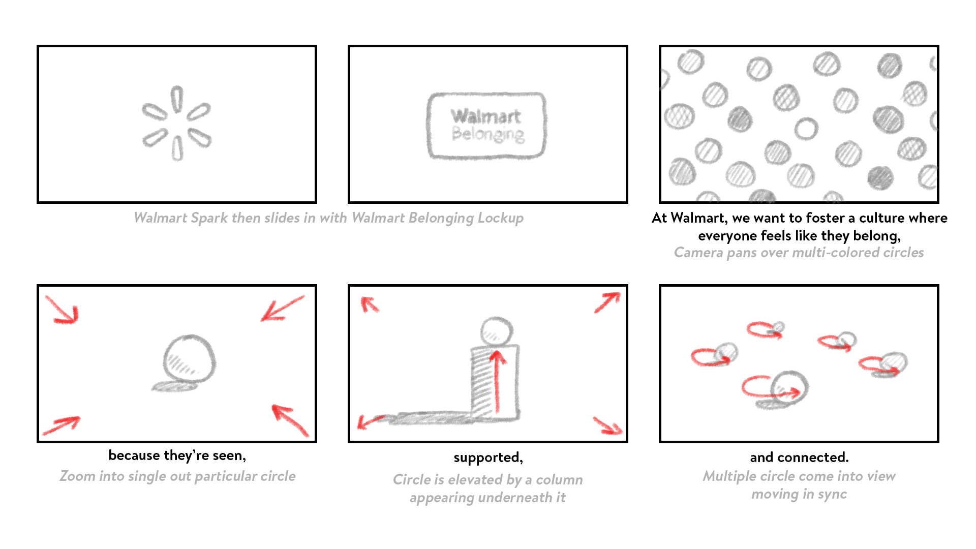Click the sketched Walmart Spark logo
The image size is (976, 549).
[x=177, y=124]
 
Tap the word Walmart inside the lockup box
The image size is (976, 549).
[x=485, y=116]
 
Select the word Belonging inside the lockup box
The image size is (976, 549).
[x=488, y=134]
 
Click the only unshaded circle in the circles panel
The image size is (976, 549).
[x=806, y=129]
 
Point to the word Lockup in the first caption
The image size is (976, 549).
[x=500, y=218]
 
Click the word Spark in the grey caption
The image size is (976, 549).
[x=209, y=218]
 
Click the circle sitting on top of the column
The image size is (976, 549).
[x=497, y=331]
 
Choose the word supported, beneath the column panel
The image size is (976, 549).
[x=488, y=457]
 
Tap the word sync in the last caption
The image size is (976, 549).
[x=832, y=494]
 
